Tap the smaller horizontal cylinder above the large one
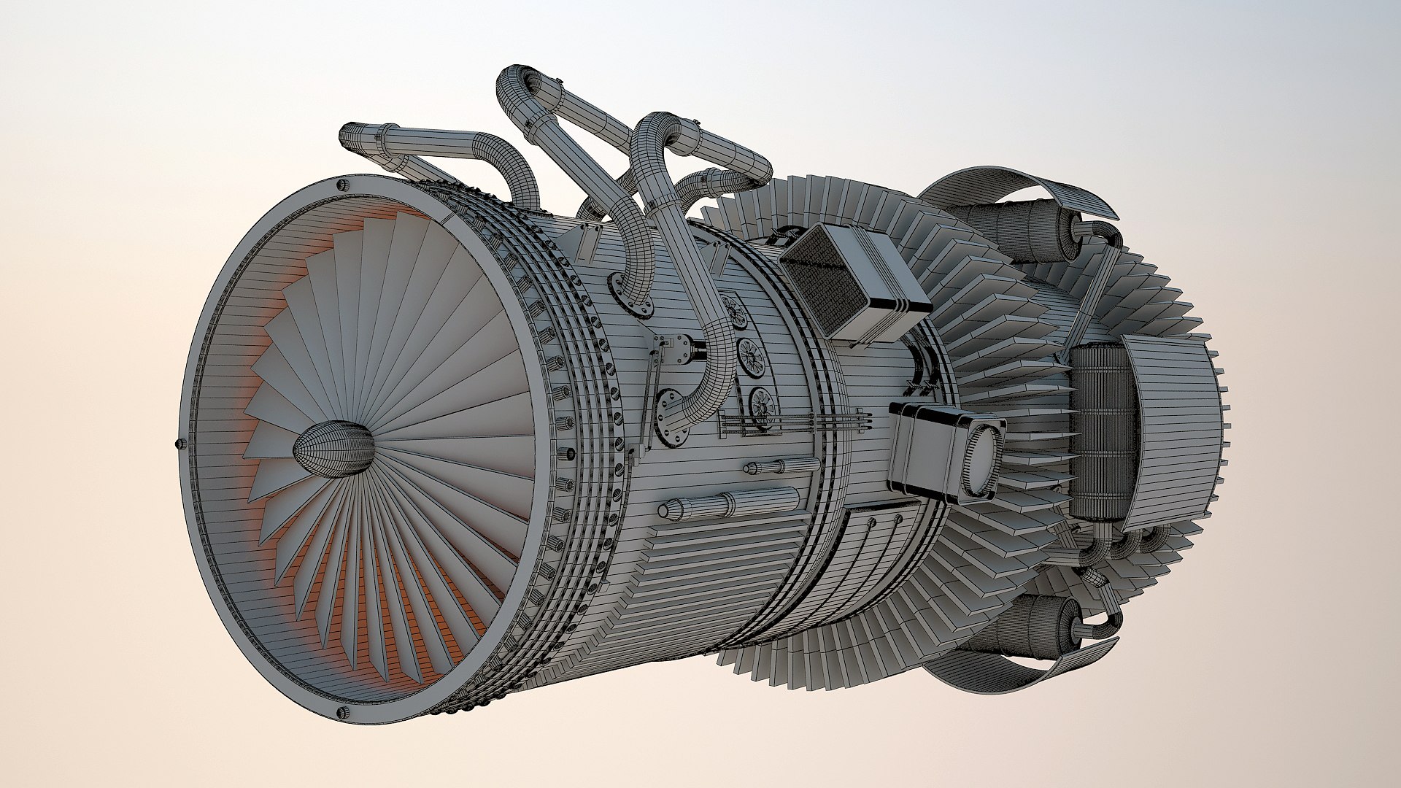click(781, 466)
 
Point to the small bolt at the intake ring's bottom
click(339, 713)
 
